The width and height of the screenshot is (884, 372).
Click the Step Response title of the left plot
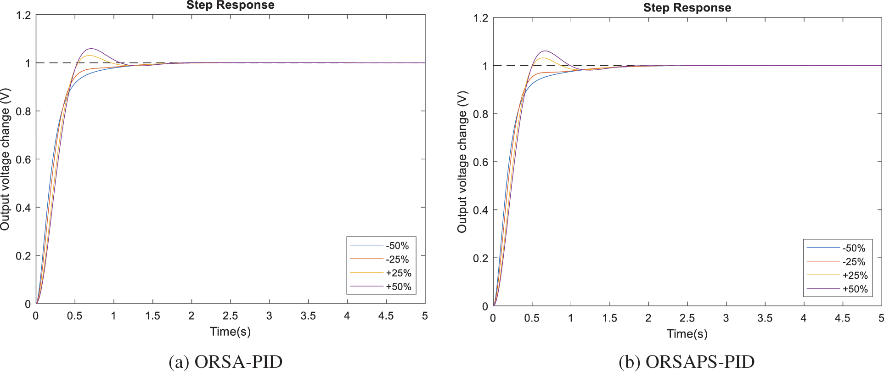[x=230, y=5]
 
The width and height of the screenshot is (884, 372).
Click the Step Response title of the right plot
[x=687, y=8]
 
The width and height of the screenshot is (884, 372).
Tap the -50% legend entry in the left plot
[x=397, y=246]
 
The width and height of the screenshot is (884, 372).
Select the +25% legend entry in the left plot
[x=398, y=273]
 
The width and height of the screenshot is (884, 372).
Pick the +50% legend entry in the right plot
[x=855, y=289]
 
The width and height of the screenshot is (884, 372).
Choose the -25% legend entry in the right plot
[x=854, y=262]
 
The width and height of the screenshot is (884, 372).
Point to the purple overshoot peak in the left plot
[x=91, y=49]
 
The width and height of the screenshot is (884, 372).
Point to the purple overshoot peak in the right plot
[x=545, y=51]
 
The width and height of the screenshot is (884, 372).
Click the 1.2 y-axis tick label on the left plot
[x=23, y=15]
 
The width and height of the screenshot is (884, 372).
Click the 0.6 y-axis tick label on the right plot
[x=480, y=162]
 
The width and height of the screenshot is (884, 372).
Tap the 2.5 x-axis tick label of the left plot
[x=230, y=316]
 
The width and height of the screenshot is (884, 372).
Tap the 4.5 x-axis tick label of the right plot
[x=842, y=318]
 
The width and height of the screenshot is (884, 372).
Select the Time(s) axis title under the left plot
[x=230, y=332]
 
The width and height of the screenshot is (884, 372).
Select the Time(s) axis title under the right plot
[x=687, y=334]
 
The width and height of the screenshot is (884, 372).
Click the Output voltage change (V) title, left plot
[x=6, y=159]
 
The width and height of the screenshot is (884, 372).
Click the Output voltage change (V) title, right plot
[x=462, y=162]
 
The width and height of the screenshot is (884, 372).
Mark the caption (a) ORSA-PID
[x=225, y=362]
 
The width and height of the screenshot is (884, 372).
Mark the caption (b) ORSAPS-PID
[x=687, y=362]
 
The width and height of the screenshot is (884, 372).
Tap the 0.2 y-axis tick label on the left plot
[x=23, y=256]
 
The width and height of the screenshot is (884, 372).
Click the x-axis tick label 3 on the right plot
[x=726, y=318]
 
